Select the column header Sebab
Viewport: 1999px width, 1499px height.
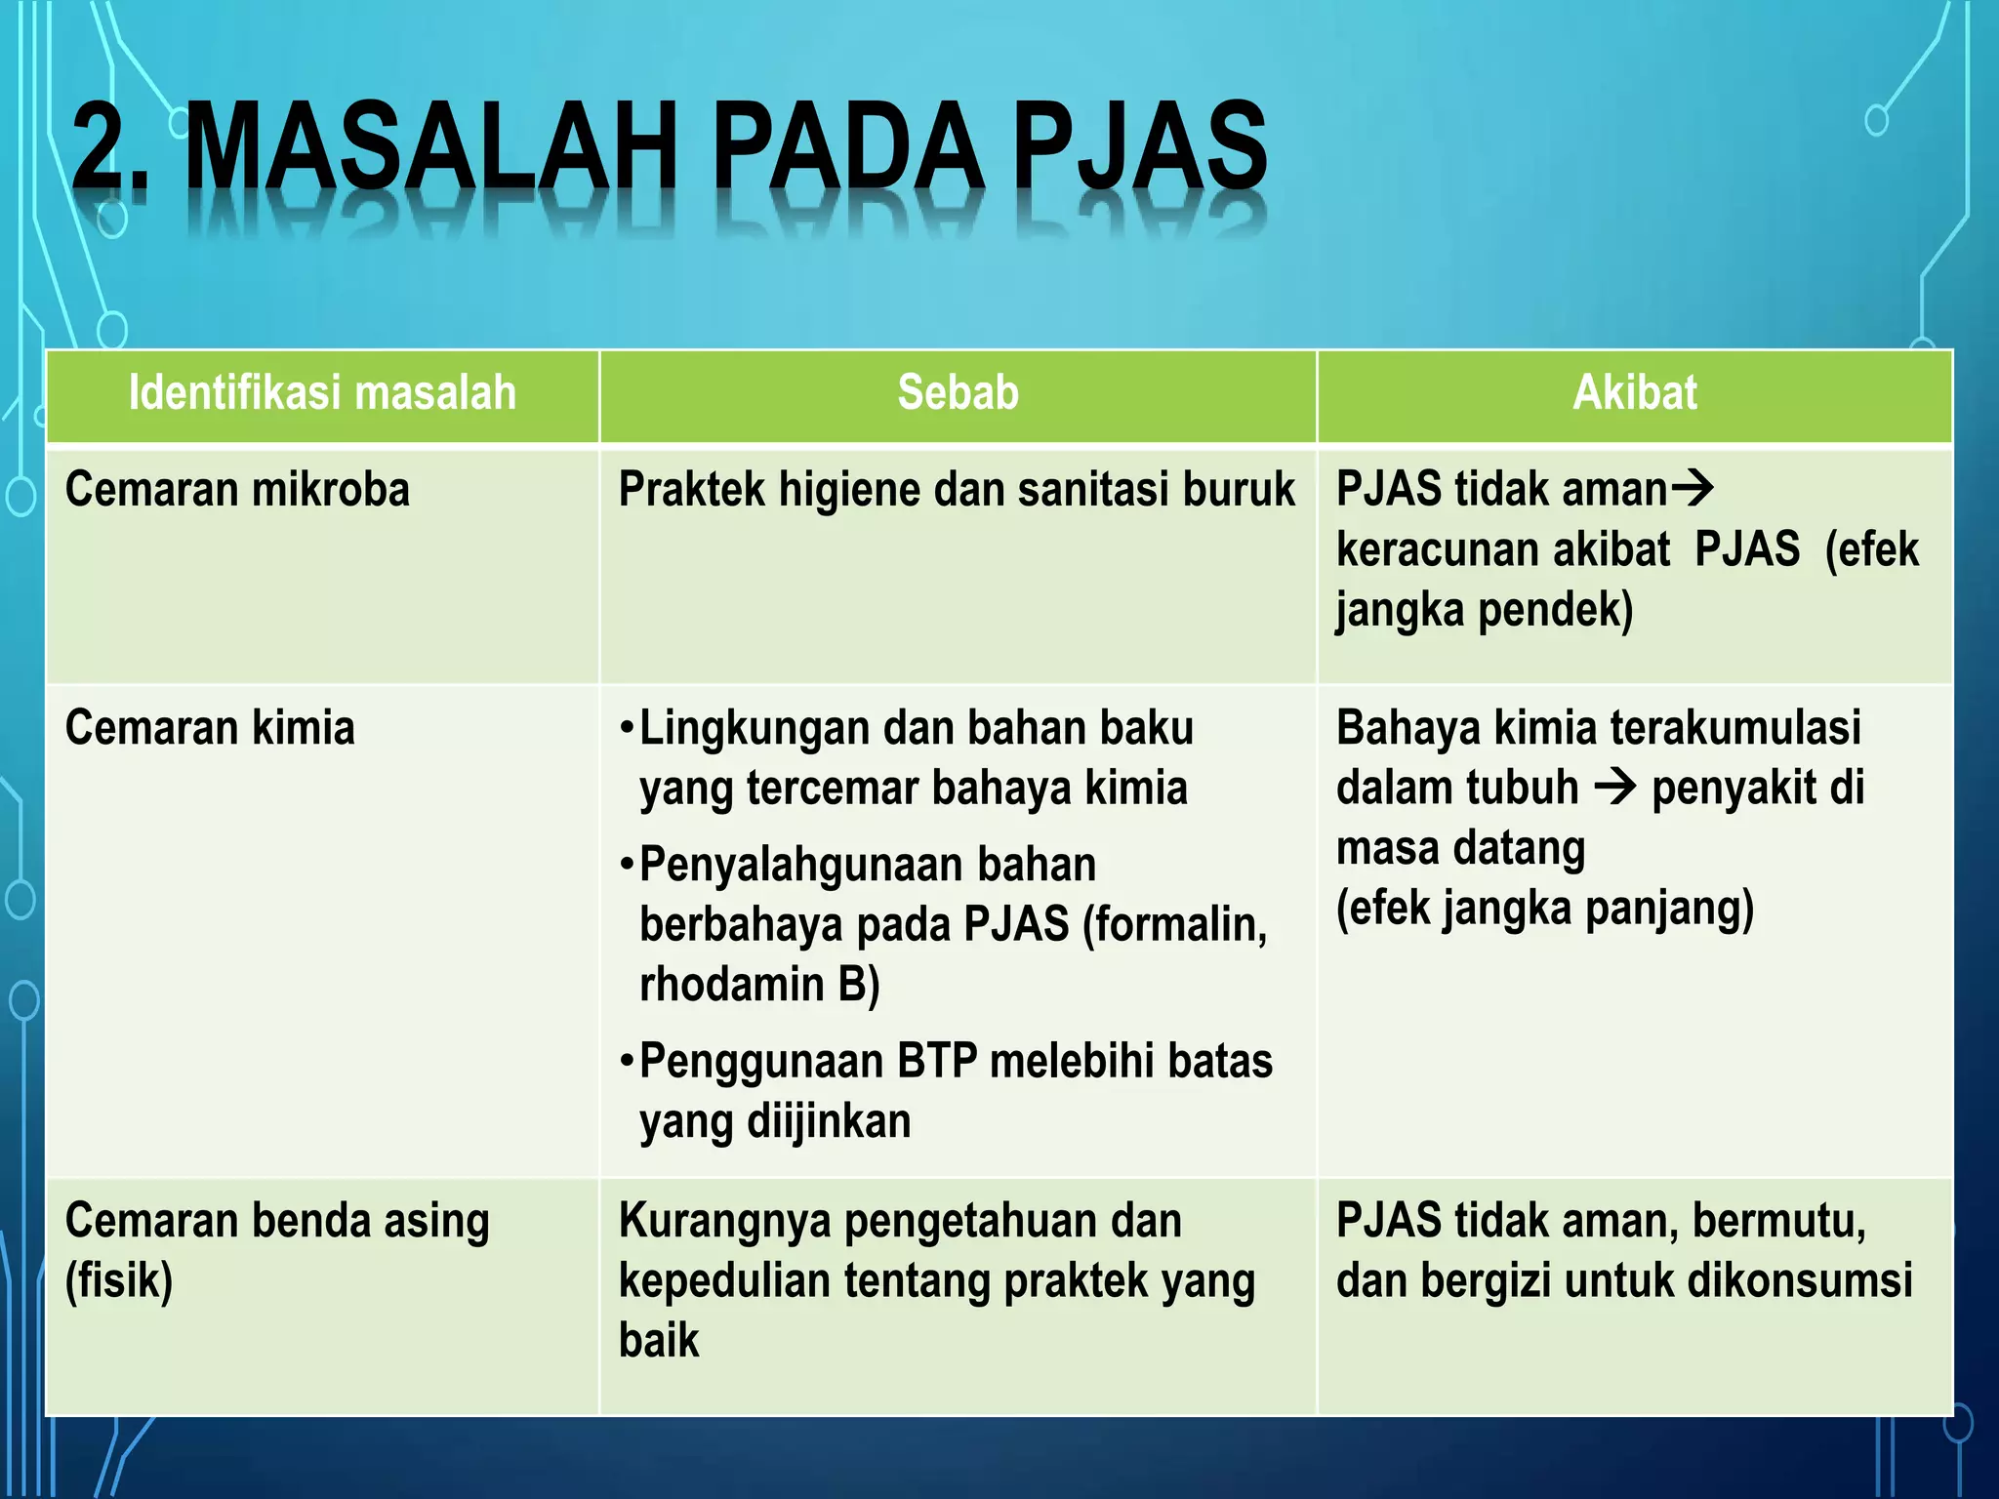(958, 392)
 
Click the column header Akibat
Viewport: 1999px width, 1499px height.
(1635, 392)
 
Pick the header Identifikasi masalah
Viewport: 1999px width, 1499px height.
(322, 392)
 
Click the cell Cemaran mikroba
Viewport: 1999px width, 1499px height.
(237, 489)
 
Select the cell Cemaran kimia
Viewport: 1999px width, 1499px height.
(210, 728)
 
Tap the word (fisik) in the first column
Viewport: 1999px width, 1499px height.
(118, 1280)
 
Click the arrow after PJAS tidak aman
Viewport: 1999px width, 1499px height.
(1693, 487)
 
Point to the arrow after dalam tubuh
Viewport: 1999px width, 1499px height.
(1615, 787)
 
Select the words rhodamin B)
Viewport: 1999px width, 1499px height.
(759, 984)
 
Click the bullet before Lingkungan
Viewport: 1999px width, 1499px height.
(628, 729)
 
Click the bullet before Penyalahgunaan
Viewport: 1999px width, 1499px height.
(628, 866)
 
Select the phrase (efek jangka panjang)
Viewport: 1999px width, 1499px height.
(1544, 908)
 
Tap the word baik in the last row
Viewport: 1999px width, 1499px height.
(659, 1340)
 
